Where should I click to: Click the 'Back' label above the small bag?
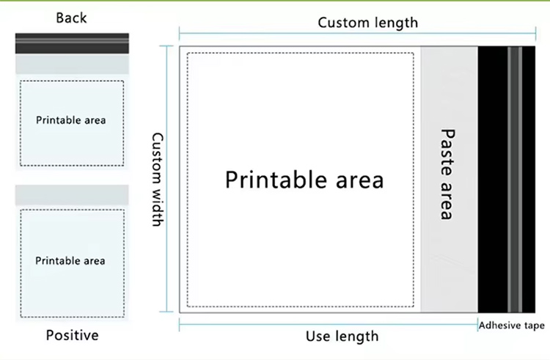point(71,18)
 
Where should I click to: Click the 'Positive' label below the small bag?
point(72,336)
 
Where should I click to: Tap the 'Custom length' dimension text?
point(367,22)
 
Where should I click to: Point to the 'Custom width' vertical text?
point(157,179)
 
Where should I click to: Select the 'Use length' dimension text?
point(342,337)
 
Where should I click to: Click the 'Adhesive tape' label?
point(512,326)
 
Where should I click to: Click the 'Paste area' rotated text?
point(447,174)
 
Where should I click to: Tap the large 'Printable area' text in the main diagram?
point(304,179)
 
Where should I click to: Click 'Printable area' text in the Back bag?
point(71,120)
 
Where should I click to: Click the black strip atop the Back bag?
point(72,43)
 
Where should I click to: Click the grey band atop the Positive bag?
point(72,195)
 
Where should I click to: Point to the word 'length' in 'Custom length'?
point(395,22)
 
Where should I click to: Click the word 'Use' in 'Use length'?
point(318,337)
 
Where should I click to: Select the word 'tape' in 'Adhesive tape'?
point(532,326)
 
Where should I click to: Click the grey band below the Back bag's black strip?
point(72,64)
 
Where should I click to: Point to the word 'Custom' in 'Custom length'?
point(342,22)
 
